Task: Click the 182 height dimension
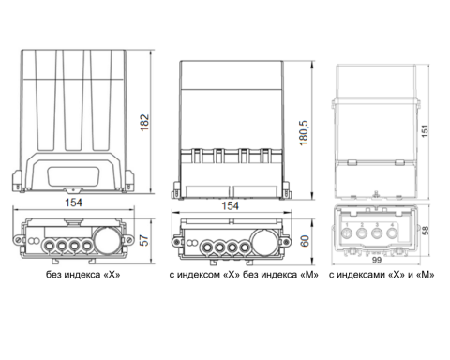pos(144,122)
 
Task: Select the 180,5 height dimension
pos(304,133)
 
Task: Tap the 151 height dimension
pos(425,131)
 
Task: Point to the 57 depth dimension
pos(144,240)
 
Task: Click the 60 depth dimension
pos(305,241)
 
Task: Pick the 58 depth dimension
pos(426,231)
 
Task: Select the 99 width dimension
pos(377,260)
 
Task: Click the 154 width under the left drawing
pos(73,202)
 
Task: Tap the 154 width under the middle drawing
pos(231,206)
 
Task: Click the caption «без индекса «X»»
pos(83,275)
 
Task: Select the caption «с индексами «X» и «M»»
pos(382,275)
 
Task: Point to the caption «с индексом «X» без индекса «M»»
pos(244,275)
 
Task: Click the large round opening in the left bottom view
pos(107,240)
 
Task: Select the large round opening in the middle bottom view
pos(265,242)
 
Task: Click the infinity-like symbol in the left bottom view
pos(33,241)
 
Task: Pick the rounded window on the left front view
pos(73,177)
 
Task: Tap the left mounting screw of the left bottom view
pos(18,240)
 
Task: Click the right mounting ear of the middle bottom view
pos(286,242)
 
